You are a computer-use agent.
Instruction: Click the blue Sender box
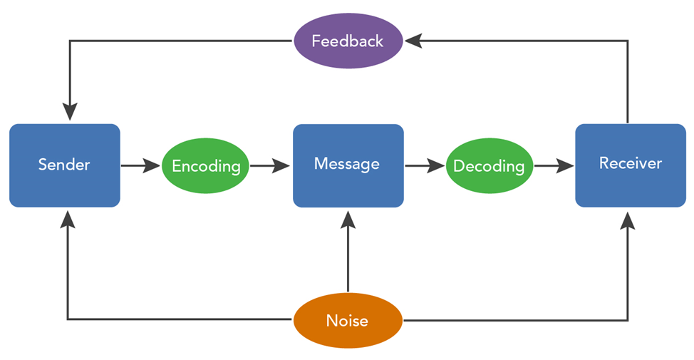pyautogui.click(x=65, y=165)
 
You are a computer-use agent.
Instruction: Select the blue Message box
pyautogui.click(x=348, y=165)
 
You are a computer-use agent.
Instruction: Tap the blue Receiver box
pyautogui.click(x=631, y=165)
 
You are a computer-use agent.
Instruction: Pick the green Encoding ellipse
pyautogui.click(x=205, y=165)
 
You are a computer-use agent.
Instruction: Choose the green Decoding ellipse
pyautogui.click(x=489, y=165)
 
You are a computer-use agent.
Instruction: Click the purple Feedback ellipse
pyautogui.click(x=348, y=41)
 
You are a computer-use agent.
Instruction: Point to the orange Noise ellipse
pyautogui.click(x=348, y=320)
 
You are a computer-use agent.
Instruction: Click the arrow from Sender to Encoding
pyautogui.click(x=140, y=166)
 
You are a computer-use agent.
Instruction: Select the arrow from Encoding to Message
pyautogui.click(x=270, y=166)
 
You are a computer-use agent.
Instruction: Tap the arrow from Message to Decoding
pyautogui.click(x=425, y=166)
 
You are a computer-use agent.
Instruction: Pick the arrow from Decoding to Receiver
pyautogui.click(x=554, y=166)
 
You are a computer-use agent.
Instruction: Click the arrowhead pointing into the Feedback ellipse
pyautogui.click(x=413, y=41)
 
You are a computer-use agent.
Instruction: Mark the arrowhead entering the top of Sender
pyautogui.click(x=70, y=112)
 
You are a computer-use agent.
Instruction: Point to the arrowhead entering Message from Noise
pyautogui.click(x=348, y=220)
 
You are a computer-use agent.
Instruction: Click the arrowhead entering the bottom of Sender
pyautogui.click(x=67, y=220)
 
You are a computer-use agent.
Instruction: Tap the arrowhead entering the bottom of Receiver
pyautogui.click(x=628, y=220)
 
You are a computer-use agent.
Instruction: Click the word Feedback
pyautogui.click(x=348, y=41)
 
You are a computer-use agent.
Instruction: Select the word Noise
pyautogui.click(x=347, y=321)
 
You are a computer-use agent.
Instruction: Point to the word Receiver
pyautogui.click(x=631, y=163)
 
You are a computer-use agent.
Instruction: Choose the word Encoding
pyautogui.click(x=206, y=167)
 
